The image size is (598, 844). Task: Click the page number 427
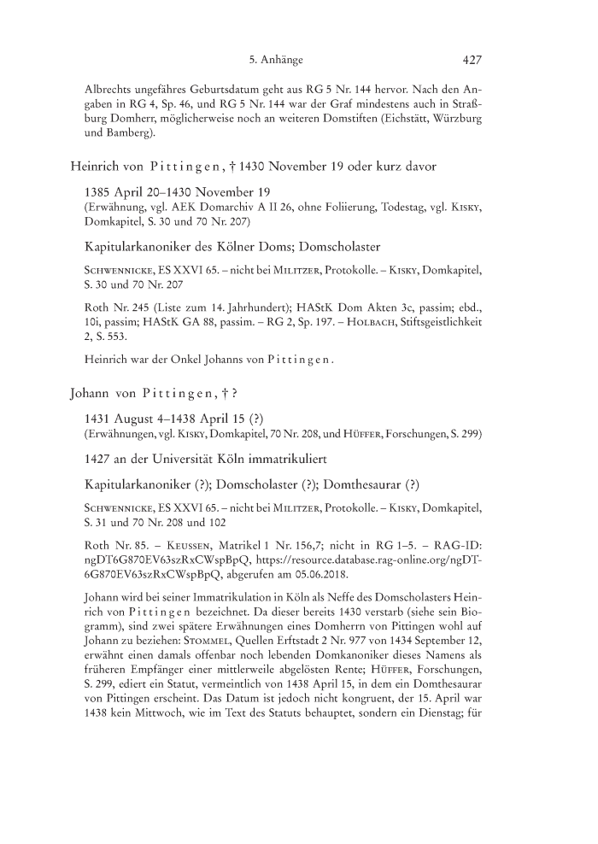[473, 61]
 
